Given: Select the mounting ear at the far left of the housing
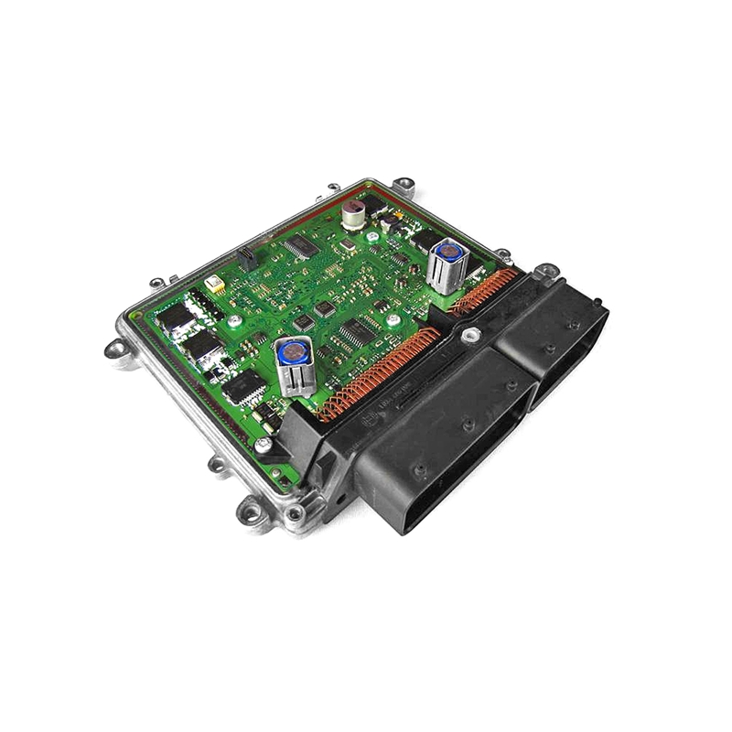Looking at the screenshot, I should pos(116,347).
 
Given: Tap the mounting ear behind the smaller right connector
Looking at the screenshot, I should pos(545,271).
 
